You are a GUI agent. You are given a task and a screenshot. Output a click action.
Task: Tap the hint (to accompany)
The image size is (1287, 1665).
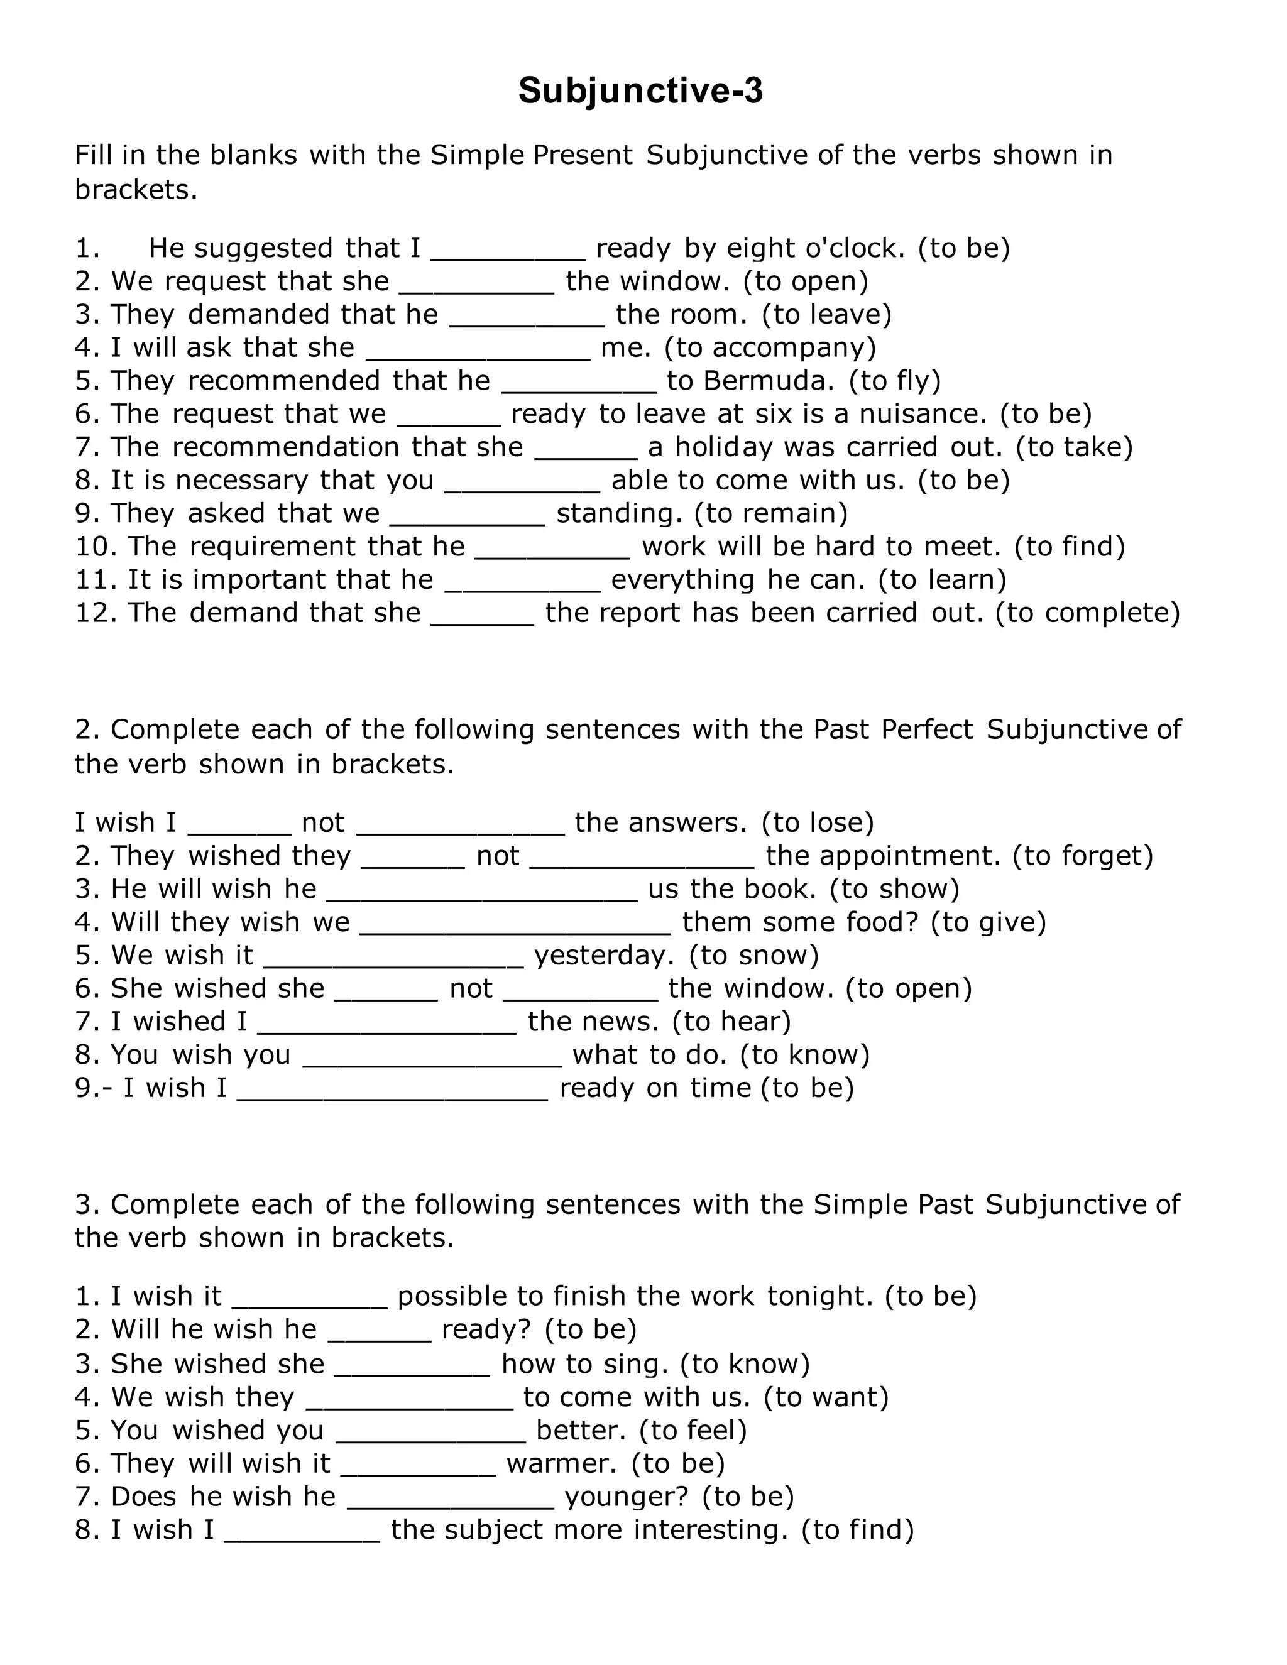(x=770, y=347)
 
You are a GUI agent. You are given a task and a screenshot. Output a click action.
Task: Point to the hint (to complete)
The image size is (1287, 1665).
(x=1087, y=613)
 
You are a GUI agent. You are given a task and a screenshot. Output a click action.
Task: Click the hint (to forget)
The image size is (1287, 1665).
(x=1083, y=856)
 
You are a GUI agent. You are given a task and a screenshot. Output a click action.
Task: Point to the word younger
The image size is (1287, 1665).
(x=626, y=1497)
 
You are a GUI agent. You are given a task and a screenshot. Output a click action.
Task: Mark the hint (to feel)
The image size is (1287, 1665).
(x=693, y=1430)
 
